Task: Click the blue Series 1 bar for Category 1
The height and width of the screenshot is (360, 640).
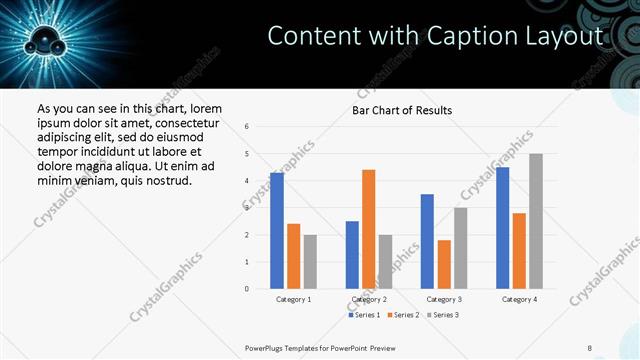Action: (277, 231)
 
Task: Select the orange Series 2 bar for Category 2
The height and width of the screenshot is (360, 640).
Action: (368, 229)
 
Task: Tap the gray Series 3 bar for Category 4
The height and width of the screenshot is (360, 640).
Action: (536, 221)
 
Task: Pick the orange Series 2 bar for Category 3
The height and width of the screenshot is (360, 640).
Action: (444, 264)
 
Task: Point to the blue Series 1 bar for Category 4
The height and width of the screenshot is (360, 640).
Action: (502, 228)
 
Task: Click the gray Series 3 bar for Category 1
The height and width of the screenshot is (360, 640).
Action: (310, 262)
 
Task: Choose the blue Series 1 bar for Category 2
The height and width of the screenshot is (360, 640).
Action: (352, 255)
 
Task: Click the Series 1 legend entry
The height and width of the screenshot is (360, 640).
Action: (363, 315)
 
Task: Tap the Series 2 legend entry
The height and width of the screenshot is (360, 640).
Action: (402, 315)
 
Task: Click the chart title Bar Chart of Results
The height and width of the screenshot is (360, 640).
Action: (402, 110)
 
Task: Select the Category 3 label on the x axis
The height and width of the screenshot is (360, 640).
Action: (443, 299)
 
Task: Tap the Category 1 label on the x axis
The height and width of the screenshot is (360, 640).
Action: (293, 299)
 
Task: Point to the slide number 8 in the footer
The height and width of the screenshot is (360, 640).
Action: (589, 347)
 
